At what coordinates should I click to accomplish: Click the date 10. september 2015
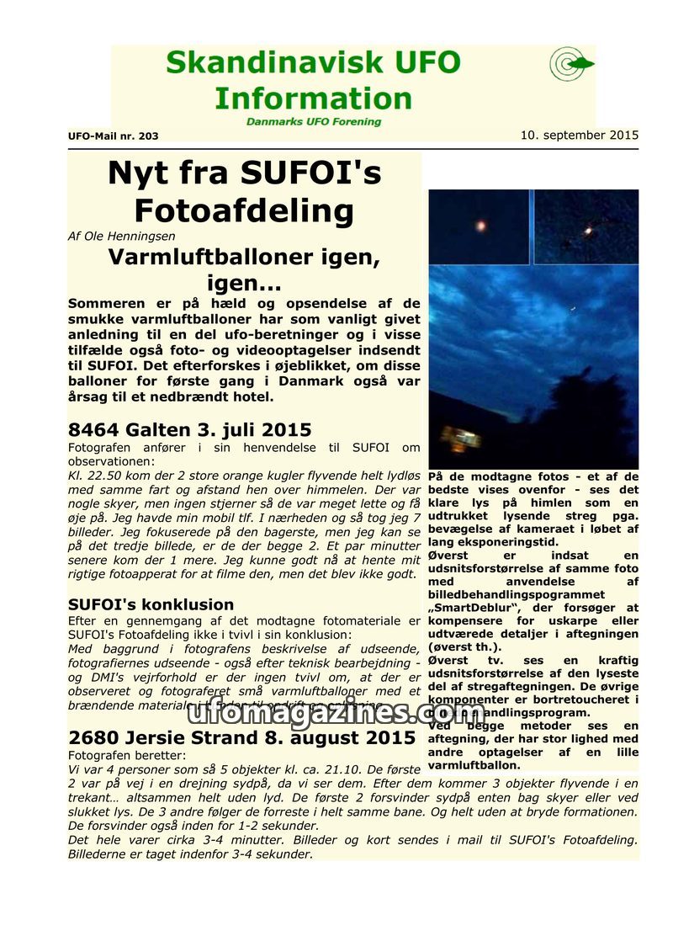click(x=579, y=135)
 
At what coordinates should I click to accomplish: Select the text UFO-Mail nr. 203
click(x=113, y=136)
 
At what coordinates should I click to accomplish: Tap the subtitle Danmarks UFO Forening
click(x=313, y=121)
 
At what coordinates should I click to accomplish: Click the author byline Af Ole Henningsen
click(x=121, y=237)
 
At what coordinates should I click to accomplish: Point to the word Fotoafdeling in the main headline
click(x=244, y=210)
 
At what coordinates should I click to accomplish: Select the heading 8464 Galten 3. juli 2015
click(x=189, y=430)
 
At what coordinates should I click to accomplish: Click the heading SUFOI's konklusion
click(x=151, y=604)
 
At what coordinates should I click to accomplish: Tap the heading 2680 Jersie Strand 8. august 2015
click(x=241, y=738)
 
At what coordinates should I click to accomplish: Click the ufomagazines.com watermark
click(x=336, y=711)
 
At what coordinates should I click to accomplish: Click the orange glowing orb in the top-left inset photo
click(x=481, y=226)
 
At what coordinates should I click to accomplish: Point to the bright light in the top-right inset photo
click(x=588, y=229)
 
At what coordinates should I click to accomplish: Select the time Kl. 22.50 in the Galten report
click(x=92, y=476)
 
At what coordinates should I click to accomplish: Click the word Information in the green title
click(x=312, y=98)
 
